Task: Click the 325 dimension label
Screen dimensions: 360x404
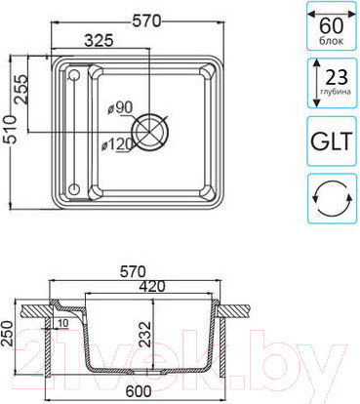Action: (99, 40)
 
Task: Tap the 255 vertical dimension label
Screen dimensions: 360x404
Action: (20, 89)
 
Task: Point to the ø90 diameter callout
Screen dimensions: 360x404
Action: (119, 107)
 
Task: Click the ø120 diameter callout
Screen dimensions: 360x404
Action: (118, 144)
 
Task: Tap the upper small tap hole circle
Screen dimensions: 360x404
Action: (74, 75)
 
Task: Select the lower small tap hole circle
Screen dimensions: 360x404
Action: (74, 188)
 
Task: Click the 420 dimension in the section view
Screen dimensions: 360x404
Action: (152, 286)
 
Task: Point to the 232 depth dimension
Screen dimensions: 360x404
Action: (146, 335)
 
